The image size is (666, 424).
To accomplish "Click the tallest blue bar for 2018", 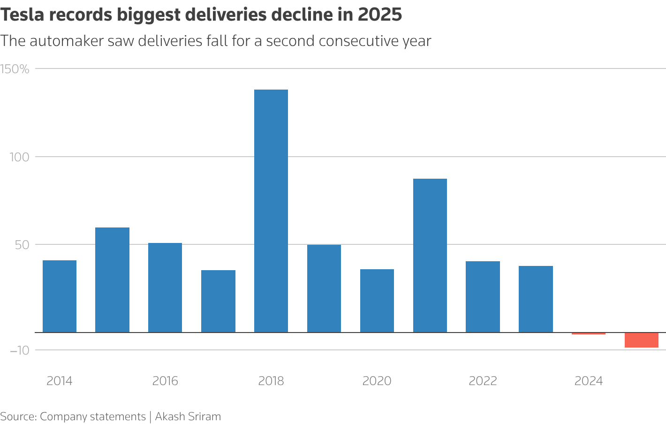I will pyautogui.click(x=271, y=211).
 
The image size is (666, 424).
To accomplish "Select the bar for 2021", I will pyautogui.click(x=430, y=256).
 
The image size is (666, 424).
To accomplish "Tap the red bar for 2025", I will pyautogui.click(x=642, y=340).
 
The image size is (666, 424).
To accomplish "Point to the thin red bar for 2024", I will pyautogui.click(x=589, y=333).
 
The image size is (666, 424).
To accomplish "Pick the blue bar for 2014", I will pyautogui.click(x=60, y=296).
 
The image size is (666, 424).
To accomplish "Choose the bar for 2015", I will pyautogui.click(x=113, y=280).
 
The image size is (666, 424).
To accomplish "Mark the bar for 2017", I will pyautogui.click(x=218, y=301).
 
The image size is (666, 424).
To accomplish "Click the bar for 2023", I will pyautogui.click(x=536, y=299).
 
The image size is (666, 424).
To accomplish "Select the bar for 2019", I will pyautogui.click(x=324, y=288).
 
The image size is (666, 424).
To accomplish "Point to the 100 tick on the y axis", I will pyautogui.click(x=20, y=157).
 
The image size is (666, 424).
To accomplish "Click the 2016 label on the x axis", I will pyautogui.click(x=165, y=381).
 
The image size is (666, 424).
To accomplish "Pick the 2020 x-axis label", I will pyautogui.click(x=377, y=381).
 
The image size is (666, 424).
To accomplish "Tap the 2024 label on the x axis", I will pyautogui.click(x=589, y=381).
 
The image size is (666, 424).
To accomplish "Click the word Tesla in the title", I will pyautogui.click(x=26, y=15).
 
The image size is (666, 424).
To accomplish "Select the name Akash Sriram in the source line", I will pyautogui.click(x=188, y=416).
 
